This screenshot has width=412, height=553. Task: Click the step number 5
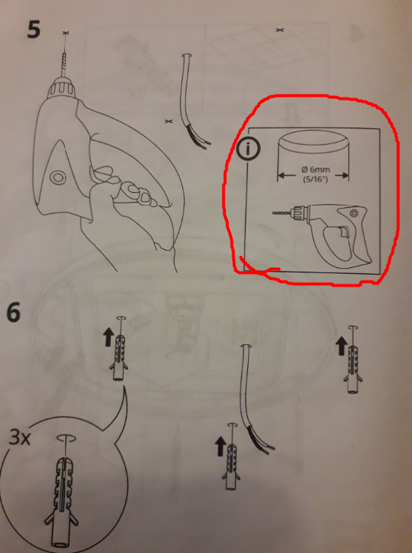pyautogui.click(x=34, y=29)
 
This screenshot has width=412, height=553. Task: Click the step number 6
pyautogui.click(x=14, y=312)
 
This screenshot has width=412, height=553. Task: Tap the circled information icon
pyautogui.click(x=248, y=149)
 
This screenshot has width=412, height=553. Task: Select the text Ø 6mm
pyautogui.click(x=315, y=170)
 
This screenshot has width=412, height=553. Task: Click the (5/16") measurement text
pyautogui.click(x=315, y=179)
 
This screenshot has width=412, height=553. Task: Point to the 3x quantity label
pyautogui.click(x=19, y=437)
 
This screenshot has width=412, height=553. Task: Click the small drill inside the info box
pyautogui.click(x=322, y=232)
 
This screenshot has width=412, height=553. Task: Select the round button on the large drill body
pyautogui.click(x=57, y=177)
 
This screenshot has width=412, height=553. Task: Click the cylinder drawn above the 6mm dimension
pyautogui.click(x=313, y=152)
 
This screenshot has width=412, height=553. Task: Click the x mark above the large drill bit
pyautogui.click(x=65, y=33)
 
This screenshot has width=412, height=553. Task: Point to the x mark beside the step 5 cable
pyautogui.click(x=169, y=122)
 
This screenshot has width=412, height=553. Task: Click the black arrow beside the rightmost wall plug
pyautogui.click(x=342, y=346)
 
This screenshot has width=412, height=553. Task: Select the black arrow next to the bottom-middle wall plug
pyautogui.click(x=220, y=446)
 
